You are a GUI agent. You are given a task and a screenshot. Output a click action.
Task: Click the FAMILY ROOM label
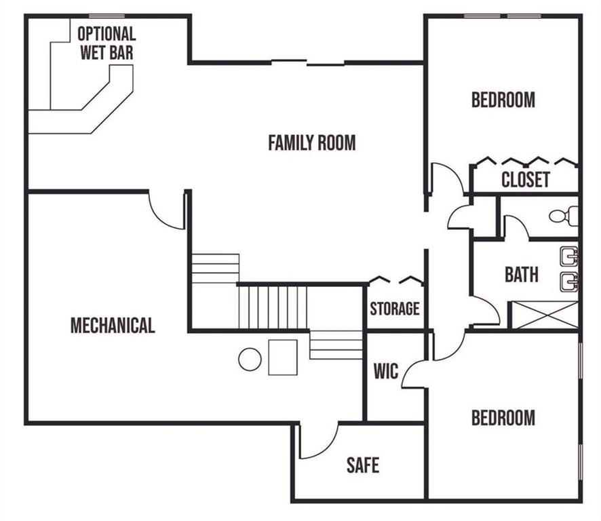coord(311,142)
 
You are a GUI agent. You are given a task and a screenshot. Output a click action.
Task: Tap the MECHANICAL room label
coord(113,326)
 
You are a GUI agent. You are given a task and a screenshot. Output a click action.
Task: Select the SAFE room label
coord(363,465)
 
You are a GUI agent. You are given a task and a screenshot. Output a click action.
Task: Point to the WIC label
coord(385,371)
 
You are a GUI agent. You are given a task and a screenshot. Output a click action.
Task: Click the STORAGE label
coord(394,309)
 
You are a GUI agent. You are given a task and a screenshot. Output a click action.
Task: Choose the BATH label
coord(521,275)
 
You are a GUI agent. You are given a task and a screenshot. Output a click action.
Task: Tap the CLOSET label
coord(526,179)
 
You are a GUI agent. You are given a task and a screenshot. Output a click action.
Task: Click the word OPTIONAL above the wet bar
coord(106,34)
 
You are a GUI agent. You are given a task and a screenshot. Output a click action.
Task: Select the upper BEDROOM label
coord(503,100)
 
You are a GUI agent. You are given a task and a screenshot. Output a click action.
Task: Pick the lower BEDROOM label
coord(503,417)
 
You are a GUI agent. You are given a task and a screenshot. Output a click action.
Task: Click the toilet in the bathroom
coord(564,216)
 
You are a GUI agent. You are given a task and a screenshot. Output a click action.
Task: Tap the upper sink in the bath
coord(569,256)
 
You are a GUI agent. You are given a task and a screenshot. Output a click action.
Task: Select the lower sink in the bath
coord(569,282)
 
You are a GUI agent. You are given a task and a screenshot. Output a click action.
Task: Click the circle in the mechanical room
coord(250,360)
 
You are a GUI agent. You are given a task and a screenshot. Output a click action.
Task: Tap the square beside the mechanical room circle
coord(283,358)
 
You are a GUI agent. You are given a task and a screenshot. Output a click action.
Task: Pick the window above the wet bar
coord(107,16)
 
